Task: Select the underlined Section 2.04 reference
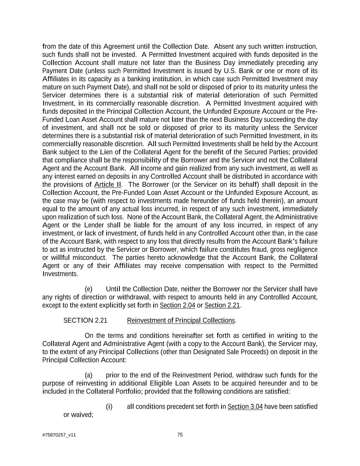[x=177, y=305]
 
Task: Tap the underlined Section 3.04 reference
[x=245, y=407]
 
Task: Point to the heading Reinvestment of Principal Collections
[x=181, y=321]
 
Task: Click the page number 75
[x=180, y=435]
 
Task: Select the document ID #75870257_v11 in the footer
[x=59, y=435]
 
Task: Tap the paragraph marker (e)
[x=88, y=289]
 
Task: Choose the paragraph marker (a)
[x=88, y=376]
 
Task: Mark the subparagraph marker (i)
[x=109, y=407]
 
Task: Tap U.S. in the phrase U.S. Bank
[x=230, y=71]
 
